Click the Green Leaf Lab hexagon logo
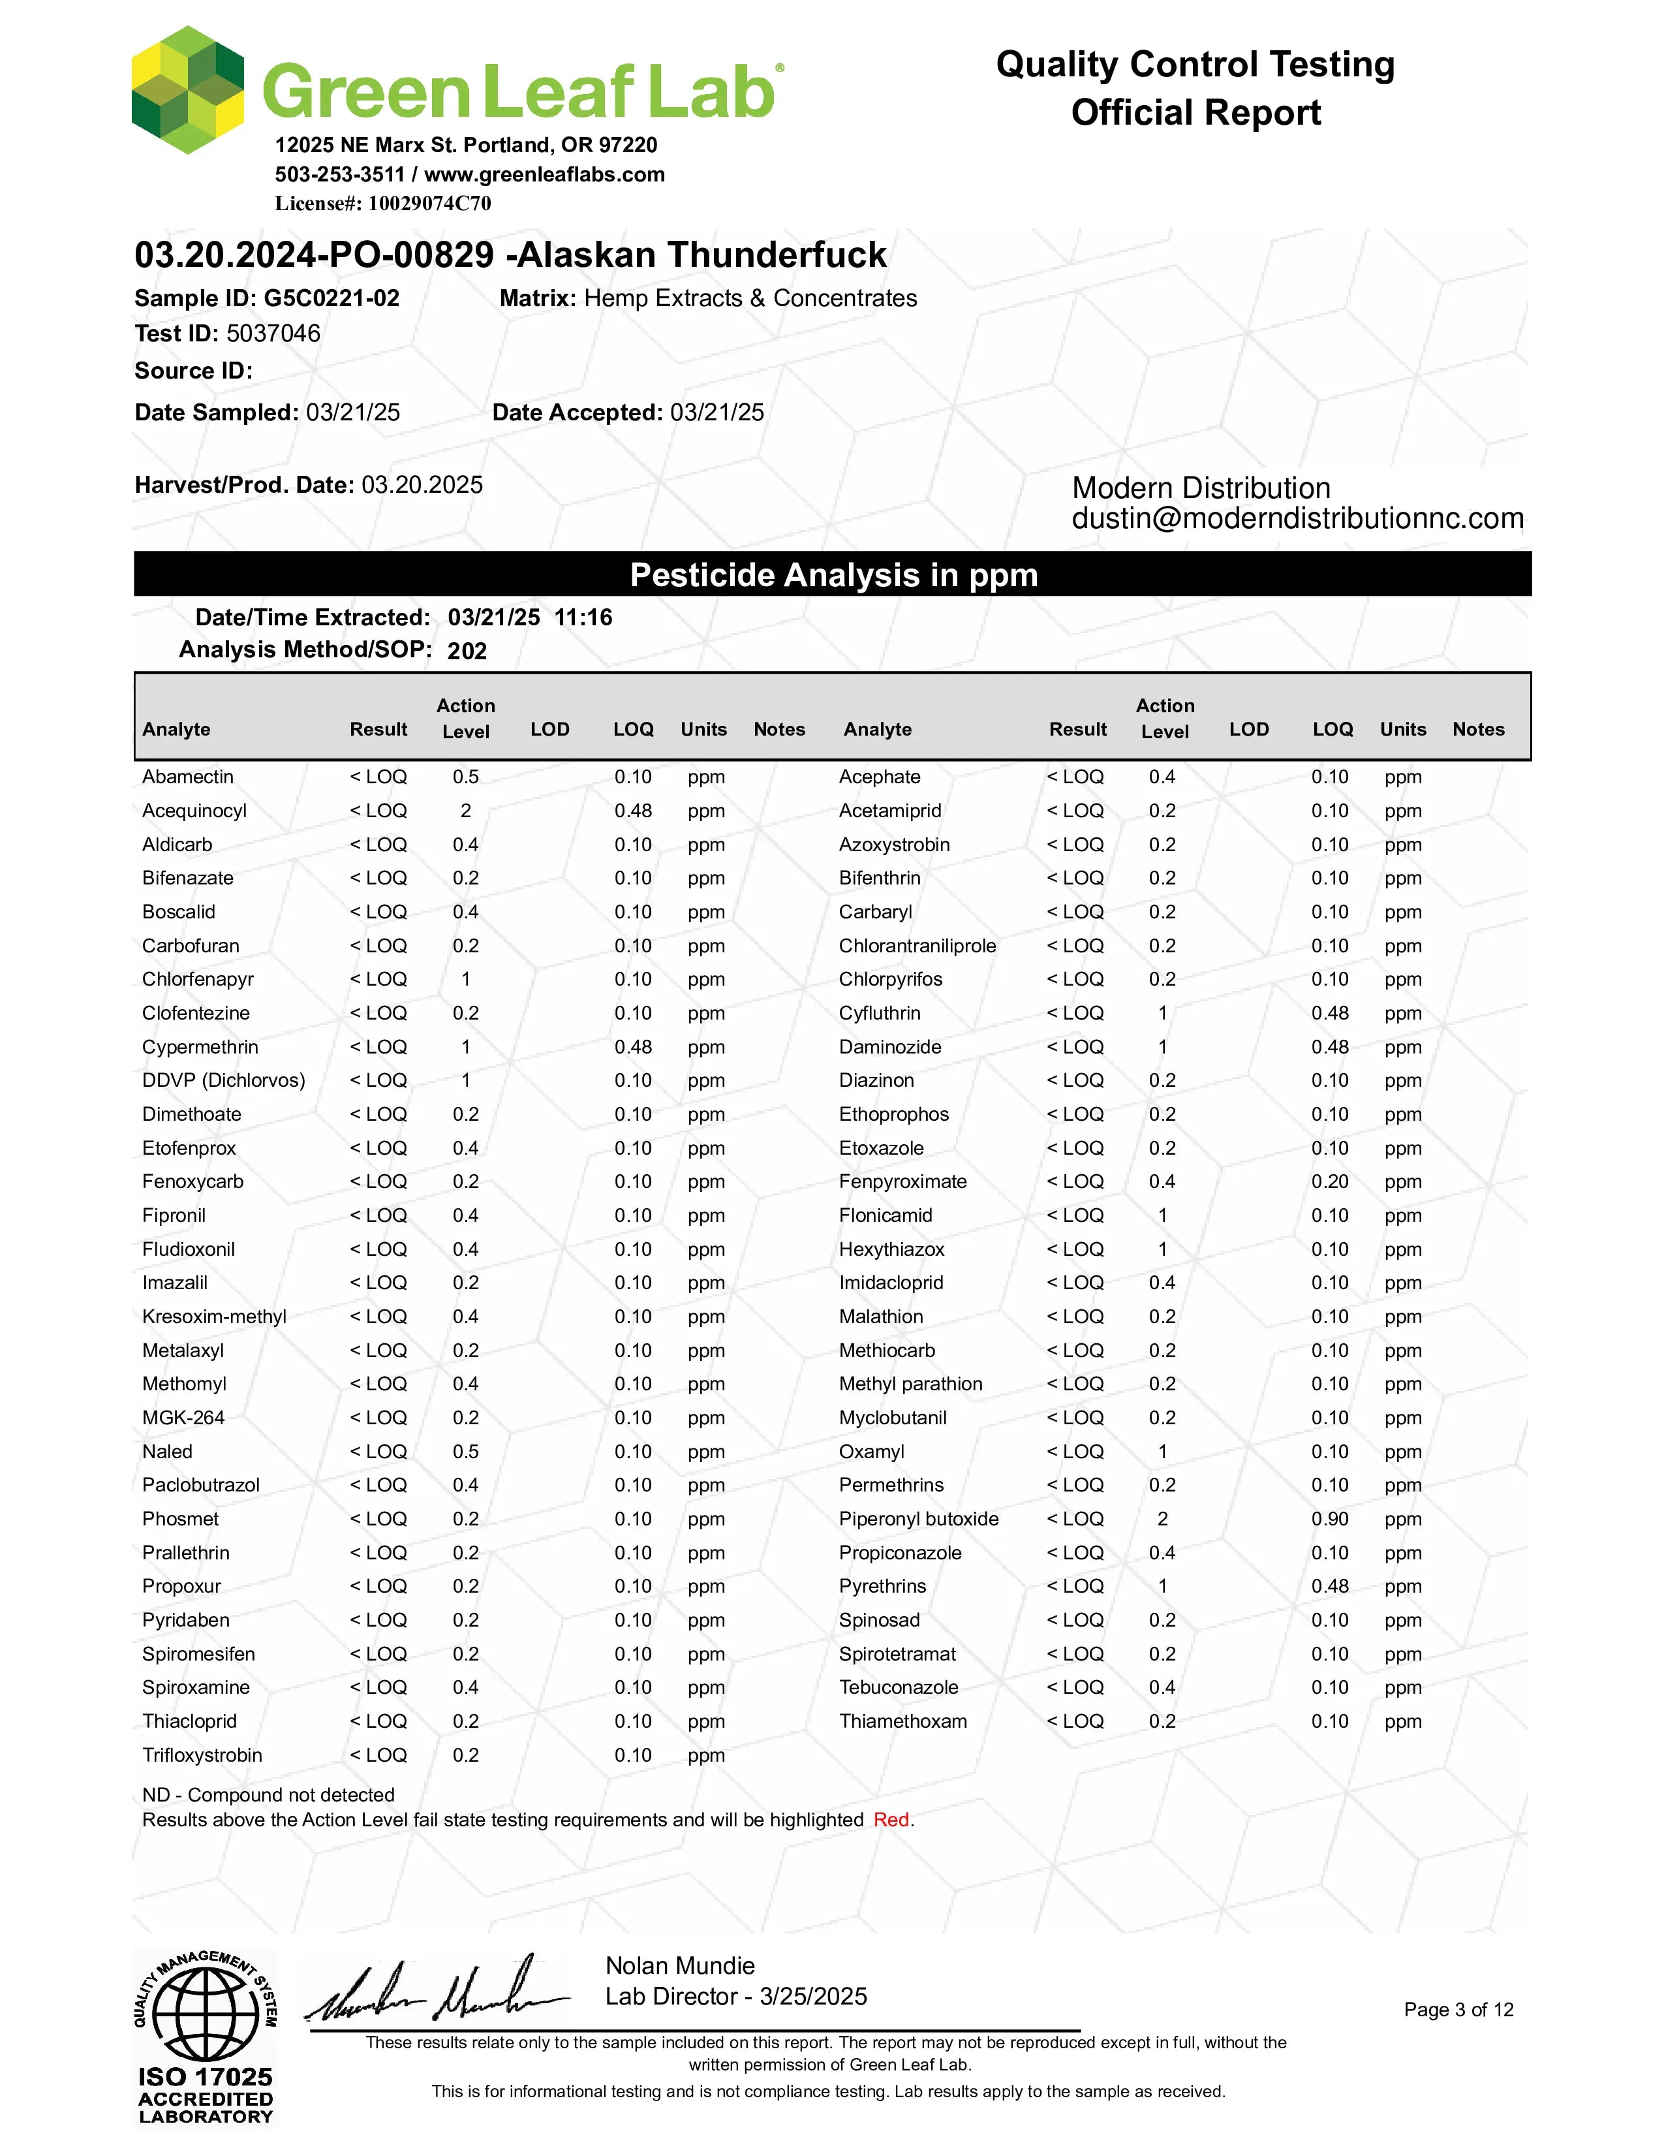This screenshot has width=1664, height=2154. pos(187,91)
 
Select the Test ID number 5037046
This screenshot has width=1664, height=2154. pos(273,334)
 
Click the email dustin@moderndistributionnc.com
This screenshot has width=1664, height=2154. pos(1297,519)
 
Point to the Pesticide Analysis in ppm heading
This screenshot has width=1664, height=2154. pos(833,575)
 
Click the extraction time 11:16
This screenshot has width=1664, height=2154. pos(583,617)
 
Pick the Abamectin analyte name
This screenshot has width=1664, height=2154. pos(187,777)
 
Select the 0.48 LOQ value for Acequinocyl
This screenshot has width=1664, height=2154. pos(633,811)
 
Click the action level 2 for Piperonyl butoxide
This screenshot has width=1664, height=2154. pos(1162,1519)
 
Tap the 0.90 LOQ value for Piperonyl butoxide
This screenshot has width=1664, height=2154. pos(1329,1519)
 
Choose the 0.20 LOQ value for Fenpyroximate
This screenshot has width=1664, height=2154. pos(1329,1181)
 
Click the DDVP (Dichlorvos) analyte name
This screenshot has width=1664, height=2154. pos(224,1081)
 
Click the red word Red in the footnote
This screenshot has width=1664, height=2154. pos(891,1820)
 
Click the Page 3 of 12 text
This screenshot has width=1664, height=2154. pos(1458,2010)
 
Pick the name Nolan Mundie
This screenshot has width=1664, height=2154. pos(680,1965)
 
